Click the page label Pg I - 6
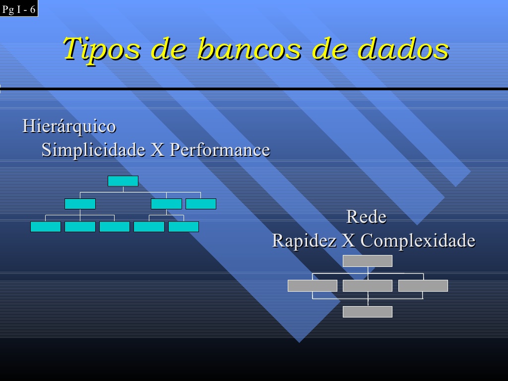(19, 9)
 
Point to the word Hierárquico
(69, 126)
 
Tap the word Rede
(366, 217)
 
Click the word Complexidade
(418, 241)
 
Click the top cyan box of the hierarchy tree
(123, 181)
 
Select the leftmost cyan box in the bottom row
(46, 227)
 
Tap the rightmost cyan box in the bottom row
(184, 227)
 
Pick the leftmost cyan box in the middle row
(80, 204)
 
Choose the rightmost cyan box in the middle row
(201, 204)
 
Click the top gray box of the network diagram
(368, 261)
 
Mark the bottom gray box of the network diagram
(368, 312)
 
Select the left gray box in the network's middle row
(313, 286)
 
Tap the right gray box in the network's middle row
(423, 286)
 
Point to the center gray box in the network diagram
(368, 286)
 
